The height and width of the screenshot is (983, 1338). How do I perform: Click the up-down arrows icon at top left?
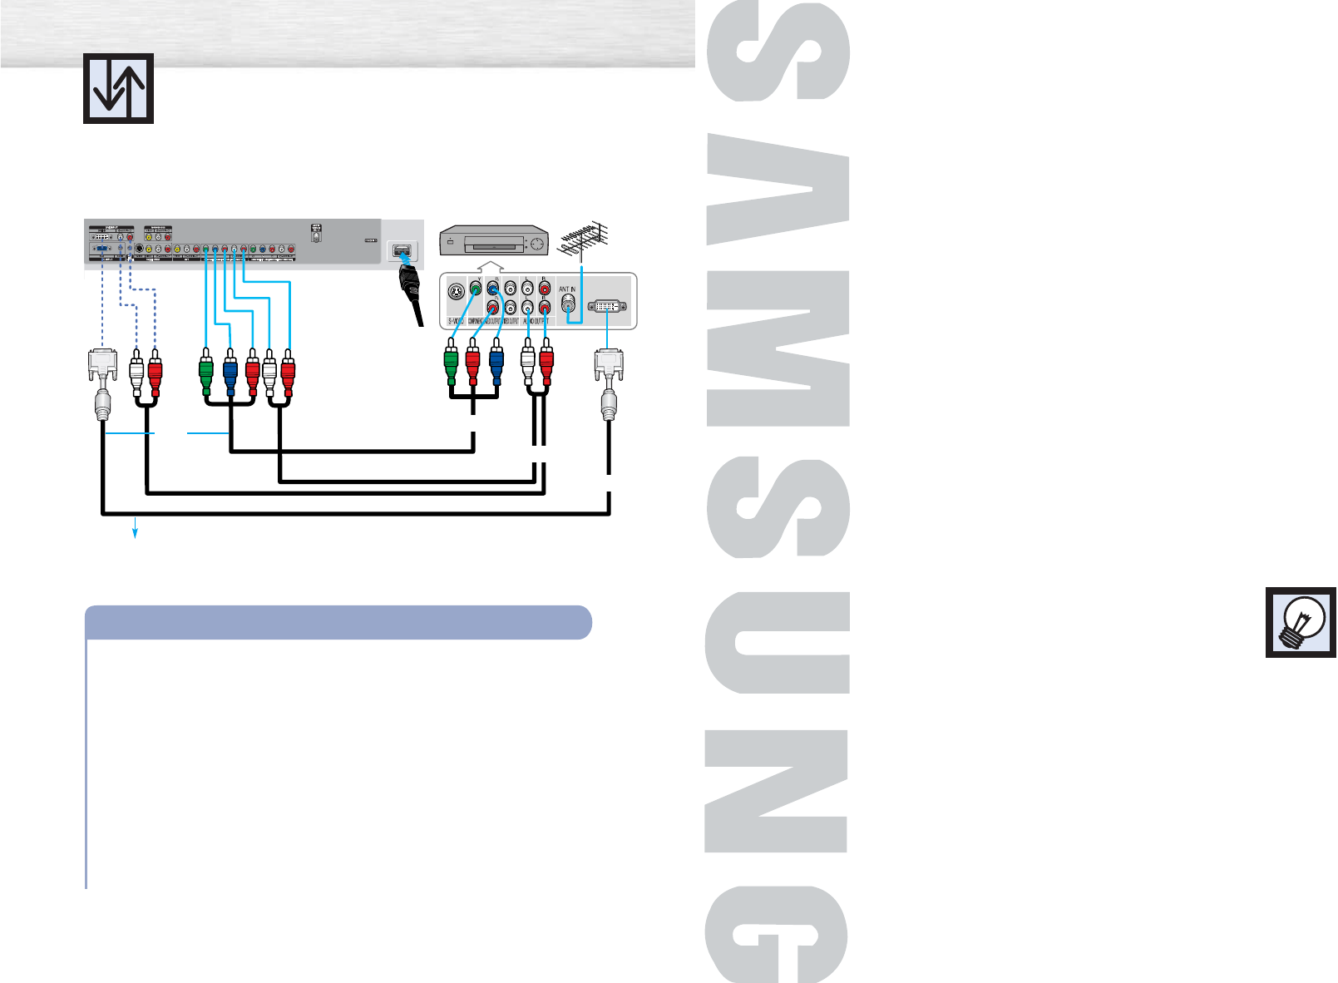[118, 88]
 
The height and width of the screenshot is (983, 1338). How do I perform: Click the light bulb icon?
[1301, 622]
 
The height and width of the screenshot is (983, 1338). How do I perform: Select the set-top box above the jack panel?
[494, 240]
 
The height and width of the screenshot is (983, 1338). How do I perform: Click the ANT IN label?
[567, 289]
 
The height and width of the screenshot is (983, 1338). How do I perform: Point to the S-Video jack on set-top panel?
[455, 293]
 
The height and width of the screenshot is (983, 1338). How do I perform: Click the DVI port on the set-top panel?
[607, 307]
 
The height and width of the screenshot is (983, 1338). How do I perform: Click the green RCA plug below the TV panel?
[206, 372]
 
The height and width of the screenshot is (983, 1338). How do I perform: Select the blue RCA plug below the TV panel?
[230, 372]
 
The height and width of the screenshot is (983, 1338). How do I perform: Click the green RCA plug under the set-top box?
[450, 366]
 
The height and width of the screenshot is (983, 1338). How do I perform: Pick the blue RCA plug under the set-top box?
[496, 366]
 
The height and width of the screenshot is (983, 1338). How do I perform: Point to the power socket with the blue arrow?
[402, 250]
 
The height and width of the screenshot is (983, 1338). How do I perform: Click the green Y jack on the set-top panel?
[475, 289]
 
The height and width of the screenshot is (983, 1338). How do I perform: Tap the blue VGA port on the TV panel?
[101, 249]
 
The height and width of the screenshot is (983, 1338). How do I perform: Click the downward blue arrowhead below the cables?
[136, 535]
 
